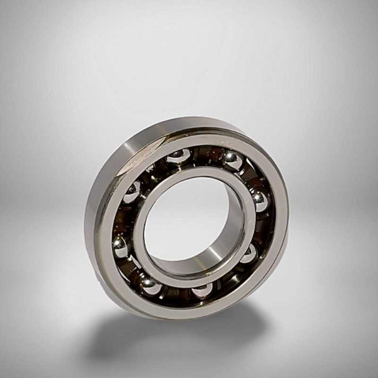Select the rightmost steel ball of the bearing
coord(259,200)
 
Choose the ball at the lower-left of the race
coord(150,285)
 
